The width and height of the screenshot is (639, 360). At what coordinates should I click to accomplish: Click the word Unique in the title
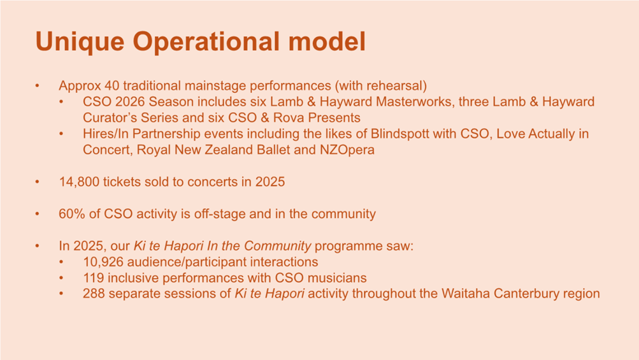tap(80, 42)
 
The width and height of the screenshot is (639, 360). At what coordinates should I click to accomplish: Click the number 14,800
tap(79, 182)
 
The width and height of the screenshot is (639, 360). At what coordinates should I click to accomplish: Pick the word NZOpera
tap(347, 150)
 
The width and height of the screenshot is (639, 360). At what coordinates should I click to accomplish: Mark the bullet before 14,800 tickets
tap(38, 182)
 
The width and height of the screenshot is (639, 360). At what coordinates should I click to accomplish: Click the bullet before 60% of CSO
tap(38, 214)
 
